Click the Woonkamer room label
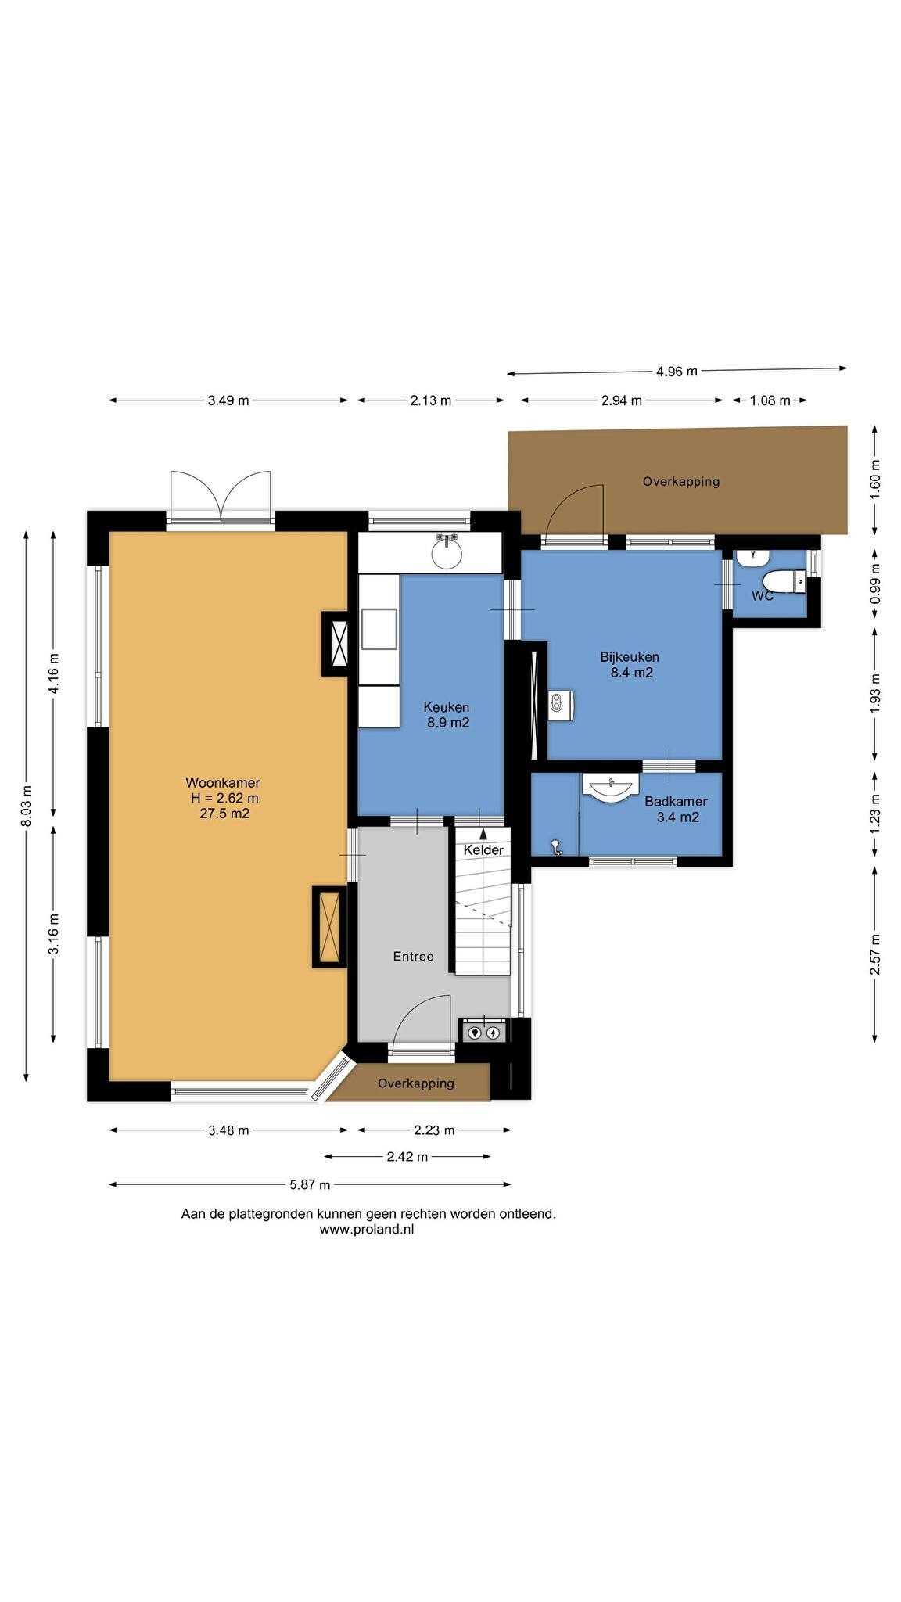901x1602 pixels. pyautogui.click(x=223, y=782)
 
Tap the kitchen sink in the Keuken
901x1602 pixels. pyautogui.click(x=447, y=552)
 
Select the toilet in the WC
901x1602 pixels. pyautogui.click(x=784, y=581)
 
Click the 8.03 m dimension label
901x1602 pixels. pyautogui.click(x=27, y=806)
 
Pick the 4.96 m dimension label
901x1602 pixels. pyautogui.click(x=677, y=371)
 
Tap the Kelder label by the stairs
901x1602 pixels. pyautogui.click(x=483, y=849)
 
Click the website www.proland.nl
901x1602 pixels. pyautogui.click(x=367, y=1229)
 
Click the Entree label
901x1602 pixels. pyautogui.click(x=413, y=956)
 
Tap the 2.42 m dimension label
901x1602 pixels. pyautogui.click(x=407, y=1157)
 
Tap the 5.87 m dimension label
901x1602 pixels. pyautogui.click(x=311, y=1184)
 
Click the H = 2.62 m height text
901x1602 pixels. pyautogui.click(x=224, y=798)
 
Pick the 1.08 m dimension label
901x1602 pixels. pyautogui.click(x=770, y=400)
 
